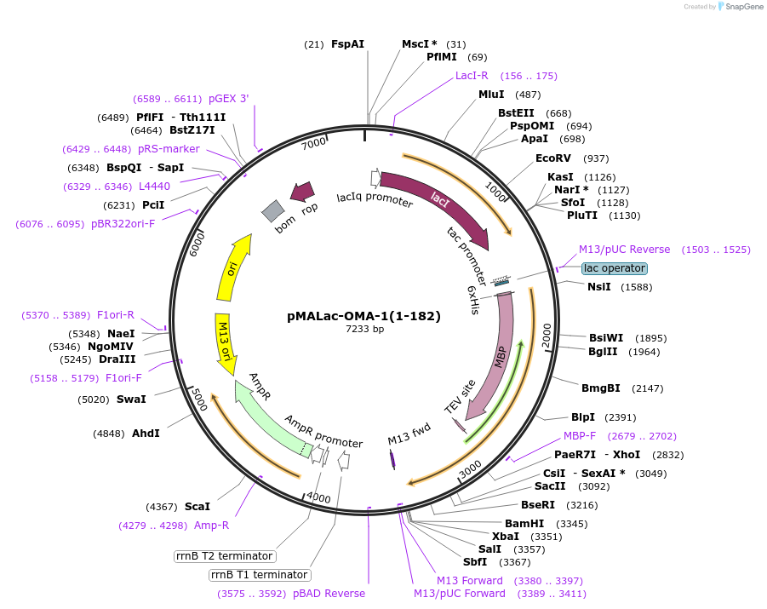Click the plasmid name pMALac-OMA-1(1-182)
click(363, 316)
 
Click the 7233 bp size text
click(364, 329)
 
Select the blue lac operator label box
click(615, 268)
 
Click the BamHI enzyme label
click(524, 523)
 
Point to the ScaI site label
click(197, 507)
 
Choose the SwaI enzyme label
click(131, 399)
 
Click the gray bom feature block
click(272, 210)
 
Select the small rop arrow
click(301, 192)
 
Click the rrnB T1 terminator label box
click(259, 575)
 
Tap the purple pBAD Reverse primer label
click(329, 594)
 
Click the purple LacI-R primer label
click(472, 76)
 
